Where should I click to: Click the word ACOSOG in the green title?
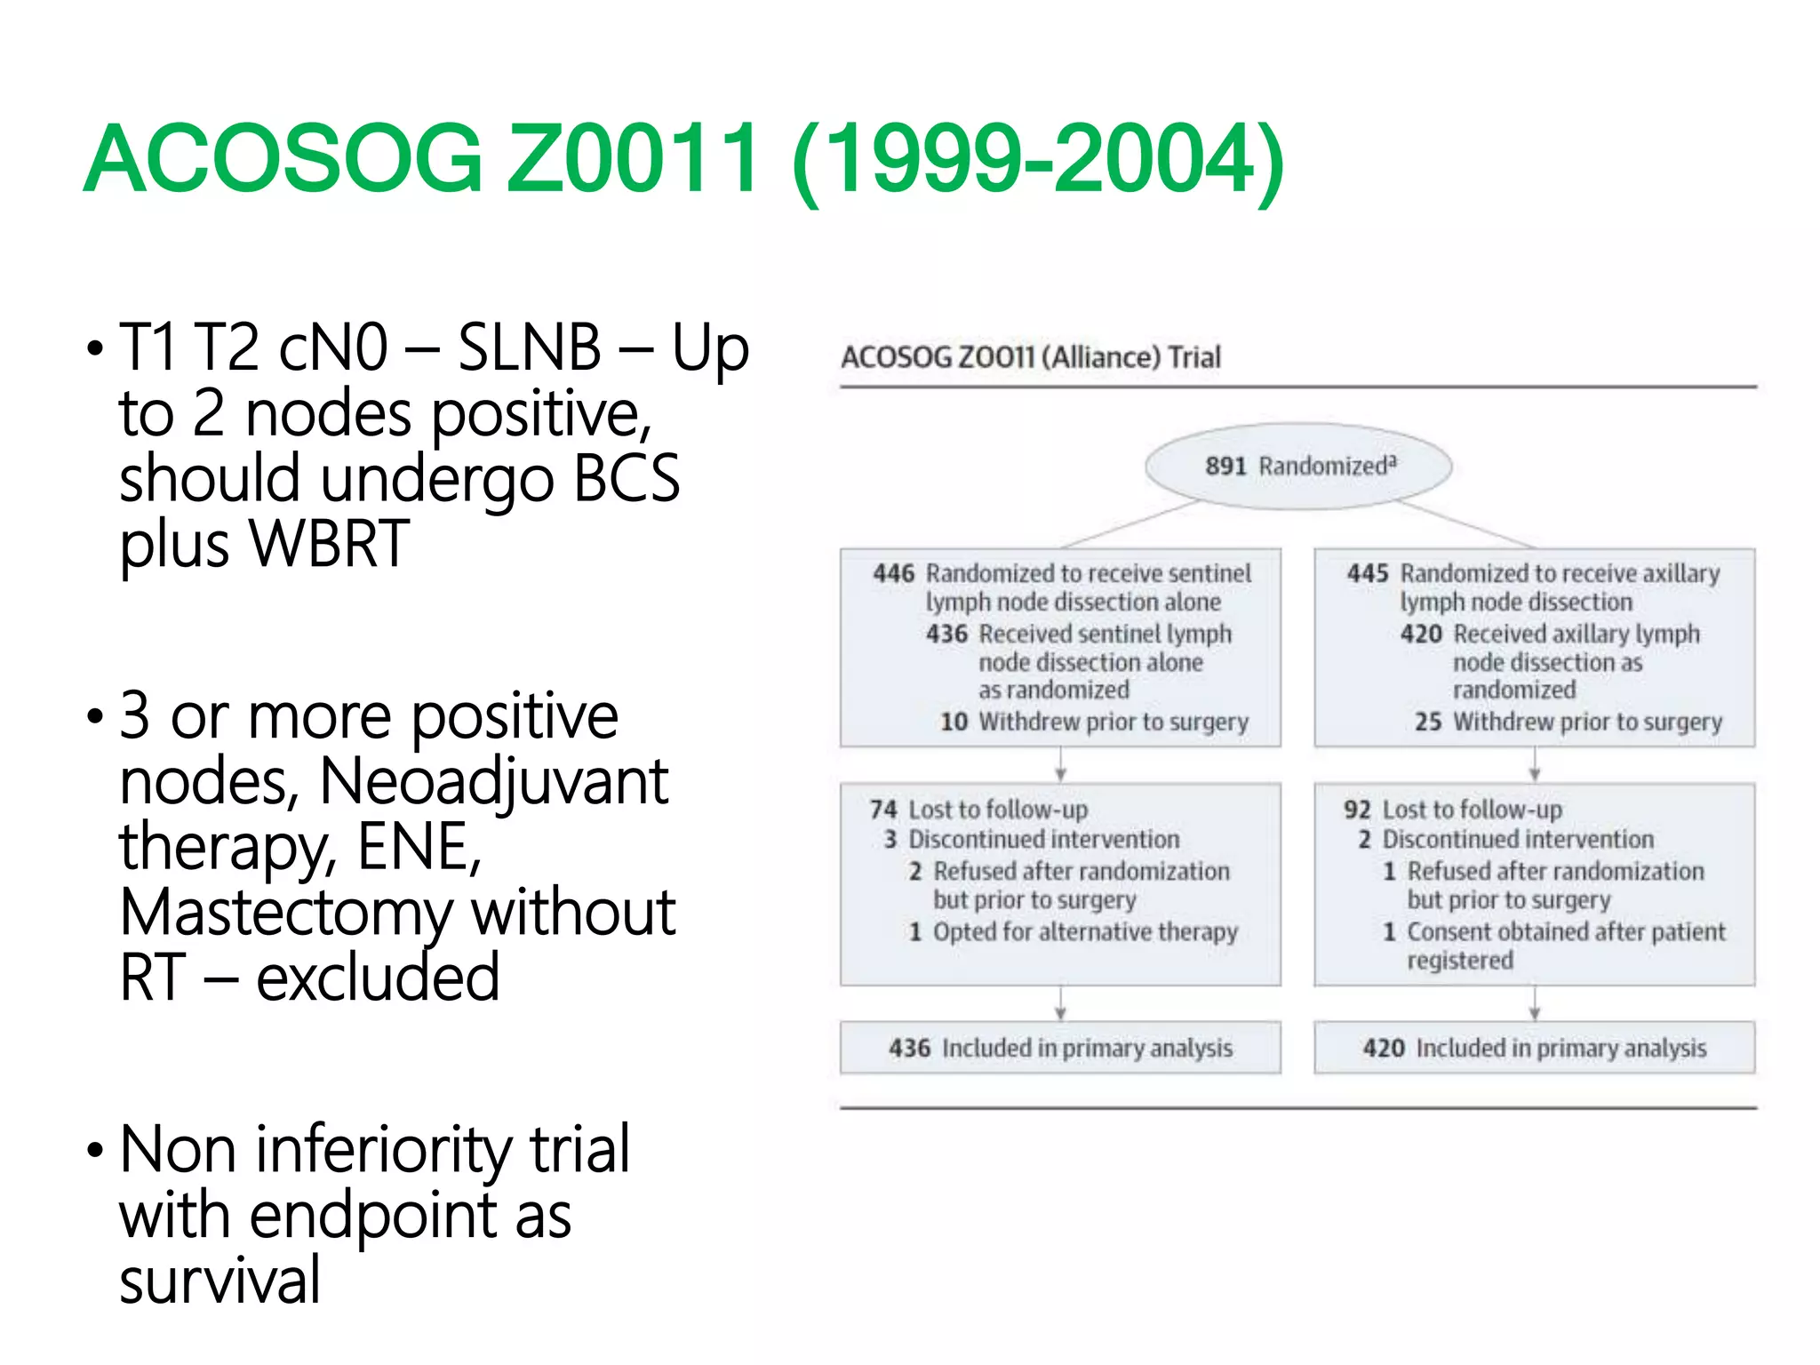(x=283, y=160)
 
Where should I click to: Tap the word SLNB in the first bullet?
(x=530, y=347)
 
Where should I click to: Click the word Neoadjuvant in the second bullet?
(x=493, y=782)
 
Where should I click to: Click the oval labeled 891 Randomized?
(x=1298, y=467)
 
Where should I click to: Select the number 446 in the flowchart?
(x=893, y=574)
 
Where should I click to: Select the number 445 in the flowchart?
(x=1367, y=574)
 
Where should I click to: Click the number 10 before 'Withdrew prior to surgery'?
(x=954, y=722)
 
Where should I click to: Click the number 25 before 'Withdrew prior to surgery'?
(x=1427, y=722)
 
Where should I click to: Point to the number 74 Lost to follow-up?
(x=883, y=810)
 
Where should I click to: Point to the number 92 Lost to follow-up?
(x=1357, y=810)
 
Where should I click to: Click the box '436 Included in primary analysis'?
(x=1060, y=1049)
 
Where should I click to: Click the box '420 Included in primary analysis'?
(x=1535, y=1049)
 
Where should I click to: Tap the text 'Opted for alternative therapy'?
(x=1085, y=932)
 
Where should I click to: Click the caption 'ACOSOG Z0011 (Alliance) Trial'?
(x=1031, y=357)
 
